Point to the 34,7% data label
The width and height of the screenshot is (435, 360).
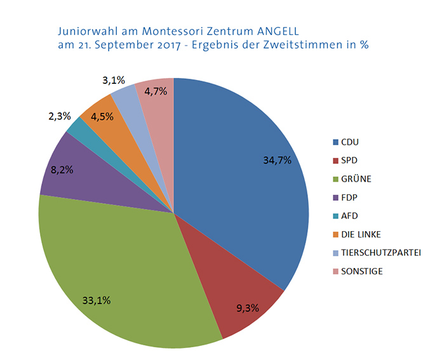click(277, 160)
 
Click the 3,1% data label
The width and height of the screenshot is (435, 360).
click(113, 81)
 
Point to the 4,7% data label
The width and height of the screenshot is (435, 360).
click(156, 91)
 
